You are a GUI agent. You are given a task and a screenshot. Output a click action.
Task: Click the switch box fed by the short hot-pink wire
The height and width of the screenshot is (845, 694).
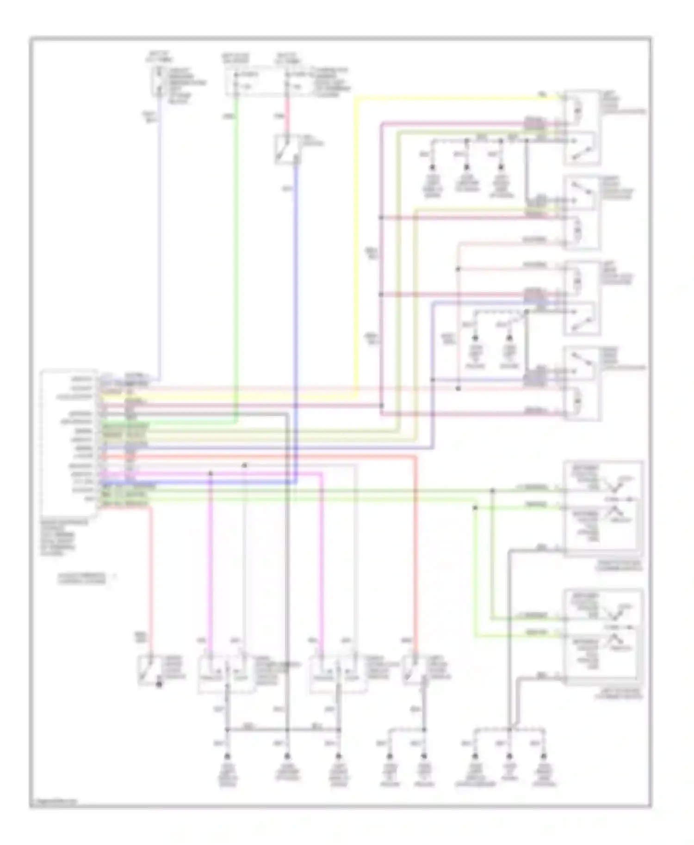point(287,149)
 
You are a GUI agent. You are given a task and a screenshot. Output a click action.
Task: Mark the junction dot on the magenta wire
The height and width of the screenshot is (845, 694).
point(211,473)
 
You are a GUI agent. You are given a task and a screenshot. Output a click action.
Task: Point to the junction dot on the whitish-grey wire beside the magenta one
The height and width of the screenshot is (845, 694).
point(245,465)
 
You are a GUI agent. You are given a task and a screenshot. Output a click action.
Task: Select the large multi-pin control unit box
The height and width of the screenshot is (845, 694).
point(69,444)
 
